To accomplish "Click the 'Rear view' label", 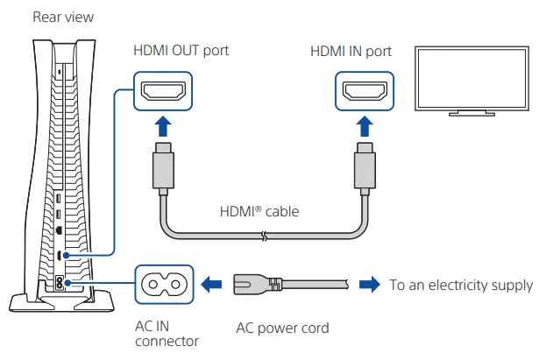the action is [63, 17].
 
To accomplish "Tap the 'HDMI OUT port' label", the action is [181, 51].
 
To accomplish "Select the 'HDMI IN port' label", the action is [351, 52].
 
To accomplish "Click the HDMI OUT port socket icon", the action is [163, 91].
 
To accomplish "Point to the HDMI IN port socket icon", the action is [365, 91].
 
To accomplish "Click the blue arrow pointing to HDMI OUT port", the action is [163, 126].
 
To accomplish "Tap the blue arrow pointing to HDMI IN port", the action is [365, 126].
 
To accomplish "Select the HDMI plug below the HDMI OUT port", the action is [163, 168].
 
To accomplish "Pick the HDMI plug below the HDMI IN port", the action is [365, 168].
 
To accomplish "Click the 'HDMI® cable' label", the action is [259, 212].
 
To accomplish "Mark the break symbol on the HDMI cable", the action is [265, 236].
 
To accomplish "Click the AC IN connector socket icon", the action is [164, 285].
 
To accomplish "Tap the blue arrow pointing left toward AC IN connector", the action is [212, 285].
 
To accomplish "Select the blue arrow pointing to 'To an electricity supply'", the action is [370, 285].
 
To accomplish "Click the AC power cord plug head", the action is [257, 285].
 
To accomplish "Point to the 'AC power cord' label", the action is [282, 328].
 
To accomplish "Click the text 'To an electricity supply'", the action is [461, 286].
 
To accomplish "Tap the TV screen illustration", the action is [472, 78].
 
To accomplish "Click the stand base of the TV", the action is [472, 114].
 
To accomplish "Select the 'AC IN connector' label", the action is [167, 334].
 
